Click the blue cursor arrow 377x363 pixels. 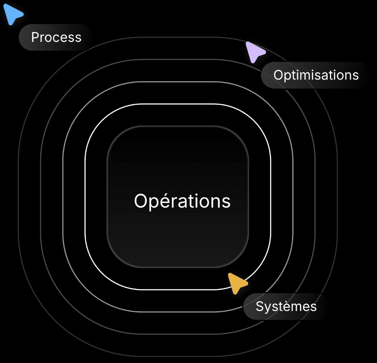(x=12, y=15)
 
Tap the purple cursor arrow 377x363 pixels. (x=254, y=51)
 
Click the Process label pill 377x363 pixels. (x=56, y=38)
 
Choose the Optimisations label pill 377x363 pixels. (x=316, y=75)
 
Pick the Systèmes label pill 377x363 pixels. (x=286, y=306)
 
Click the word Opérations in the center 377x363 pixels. (x=182, y=201)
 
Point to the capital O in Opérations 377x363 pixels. (x=141, y=201)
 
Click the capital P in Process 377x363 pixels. (x=35, y=38)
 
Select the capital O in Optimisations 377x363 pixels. (x=278, y=75)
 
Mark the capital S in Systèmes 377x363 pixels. (x=260, y=306)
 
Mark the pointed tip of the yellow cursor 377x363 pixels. (x=229, y=274)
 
